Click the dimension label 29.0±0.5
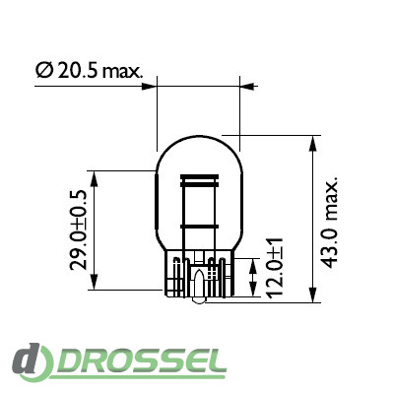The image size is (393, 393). coord(78,229)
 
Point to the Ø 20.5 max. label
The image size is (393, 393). coord(90,71)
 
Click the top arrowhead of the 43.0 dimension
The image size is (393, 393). coord(313,144)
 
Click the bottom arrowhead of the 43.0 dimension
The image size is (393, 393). coord(313,295)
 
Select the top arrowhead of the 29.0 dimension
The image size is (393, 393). coord(95,179)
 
